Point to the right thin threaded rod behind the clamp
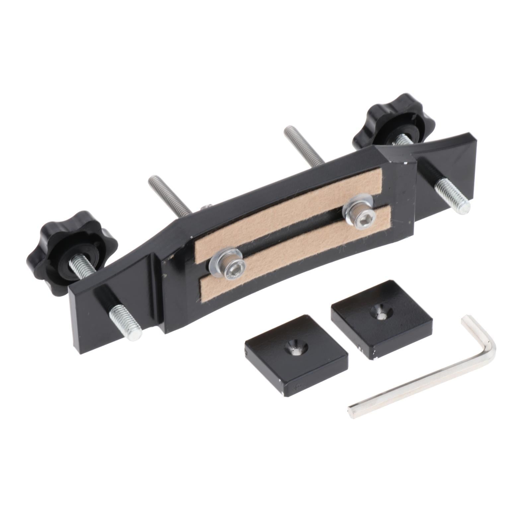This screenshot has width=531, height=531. [304, 146]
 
